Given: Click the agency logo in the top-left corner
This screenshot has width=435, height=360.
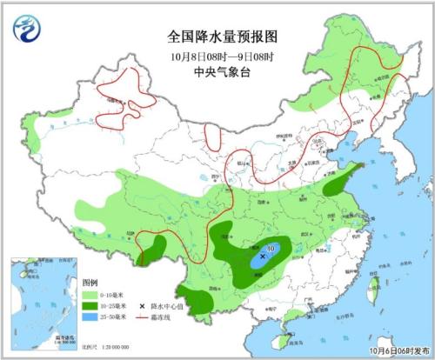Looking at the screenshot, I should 26,31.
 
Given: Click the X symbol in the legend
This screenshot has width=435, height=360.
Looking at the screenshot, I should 143,307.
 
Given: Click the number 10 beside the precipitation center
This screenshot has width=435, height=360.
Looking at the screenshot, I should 271,250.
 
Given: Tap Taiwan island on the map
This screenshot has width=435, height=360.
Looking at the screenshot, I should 376,283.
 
